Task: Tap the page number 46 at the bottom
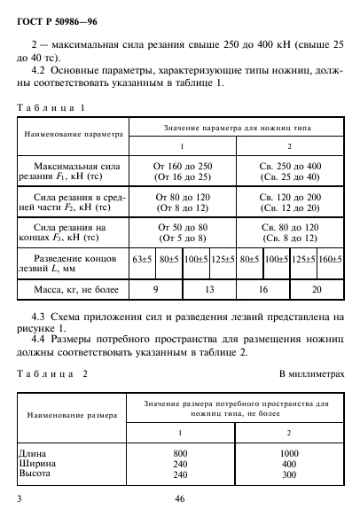coord(179,500)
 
